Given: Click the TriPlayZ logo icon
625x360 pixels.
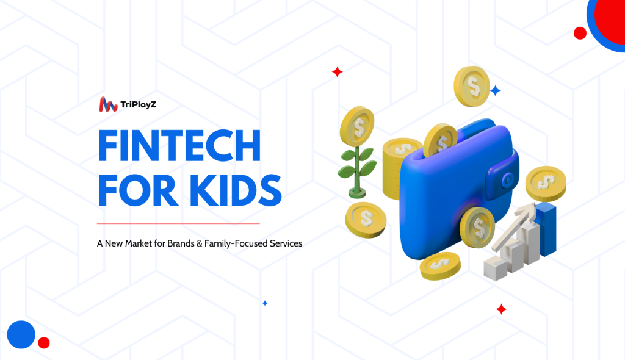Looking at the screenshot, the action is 108,104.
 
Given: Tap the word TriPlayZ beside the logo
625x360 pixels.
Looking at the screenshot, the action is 139,105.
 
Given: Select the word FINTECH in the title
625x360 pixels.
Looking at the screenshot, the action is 179,145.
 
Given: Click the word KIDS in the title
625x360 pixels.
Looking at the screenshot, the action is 236,190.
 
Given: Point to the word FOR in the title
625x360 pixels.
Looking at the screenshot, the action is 137,190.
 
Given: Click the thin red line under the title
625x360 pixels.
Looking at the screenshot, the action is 178,224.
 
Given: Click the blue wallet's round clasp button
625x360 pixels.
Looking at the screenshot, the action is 508,180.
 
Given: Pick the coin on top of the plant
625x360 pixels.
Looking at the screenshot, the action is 357,127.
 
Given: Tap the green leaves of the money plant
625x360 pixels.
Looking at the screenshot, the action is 357,164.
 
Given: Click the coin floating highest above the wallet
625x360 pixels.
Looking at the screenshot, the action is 472,87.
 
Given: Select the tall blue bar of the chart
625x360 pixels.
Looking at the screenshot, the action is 546,229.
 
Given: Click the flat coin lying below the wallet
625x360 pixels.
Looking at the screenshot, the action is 440,265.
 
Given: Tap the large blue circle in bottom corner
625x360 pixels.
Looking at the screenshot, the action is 21,334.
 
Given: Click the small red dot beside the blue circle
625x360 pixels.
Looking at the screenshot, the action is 44,342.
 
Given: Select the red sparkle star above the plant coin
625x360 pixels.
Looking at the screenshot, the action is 337,72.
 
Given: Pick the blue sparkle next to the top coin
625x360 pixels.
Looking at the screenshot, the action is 495,91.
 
